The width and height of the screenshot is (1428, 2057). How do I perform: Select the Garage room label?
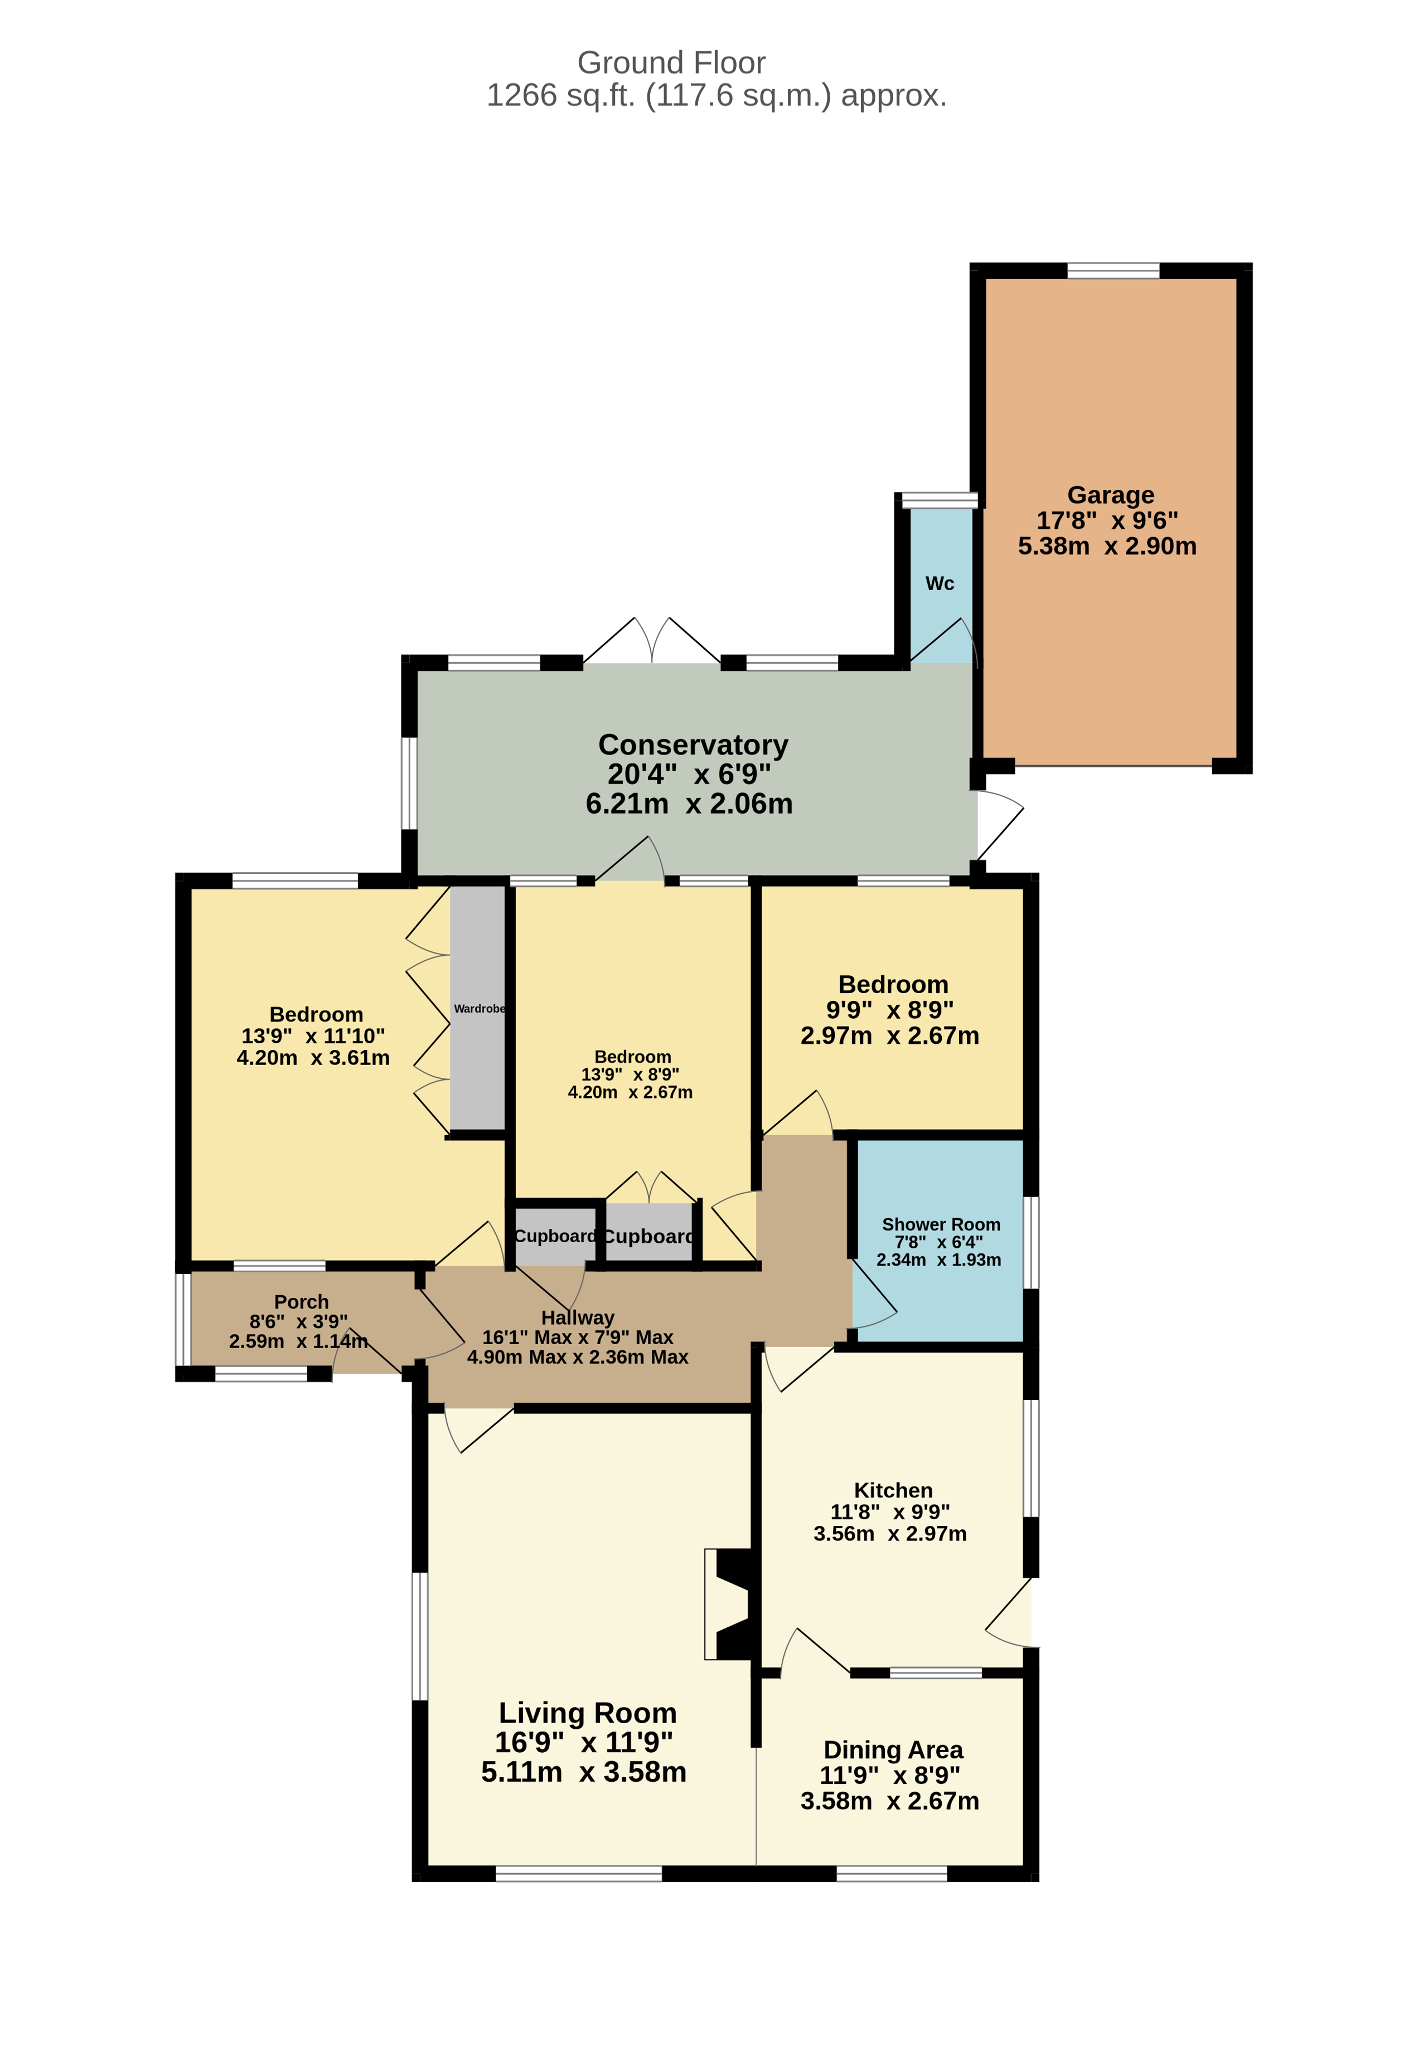click(1110, 494)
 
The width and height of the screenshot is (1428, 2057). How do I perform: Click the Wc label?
click(940, 583)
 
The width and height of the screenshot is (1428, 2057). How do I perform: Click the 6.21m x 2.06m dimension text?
click(689, 803)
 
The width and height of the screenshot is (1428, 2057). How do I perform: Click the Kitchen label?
click(893, 1490)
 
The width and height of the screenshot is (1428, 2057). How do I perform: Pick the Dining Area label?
click(893, 1749)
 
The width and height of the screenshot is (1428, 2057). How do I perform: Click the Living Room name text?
click(587, 1713)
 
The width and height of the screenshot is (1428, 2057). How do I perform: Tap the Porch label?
click(302, 1302)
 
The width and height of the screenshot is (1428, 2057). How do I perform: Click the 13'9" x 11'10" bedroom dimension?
click(313, 1035)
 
